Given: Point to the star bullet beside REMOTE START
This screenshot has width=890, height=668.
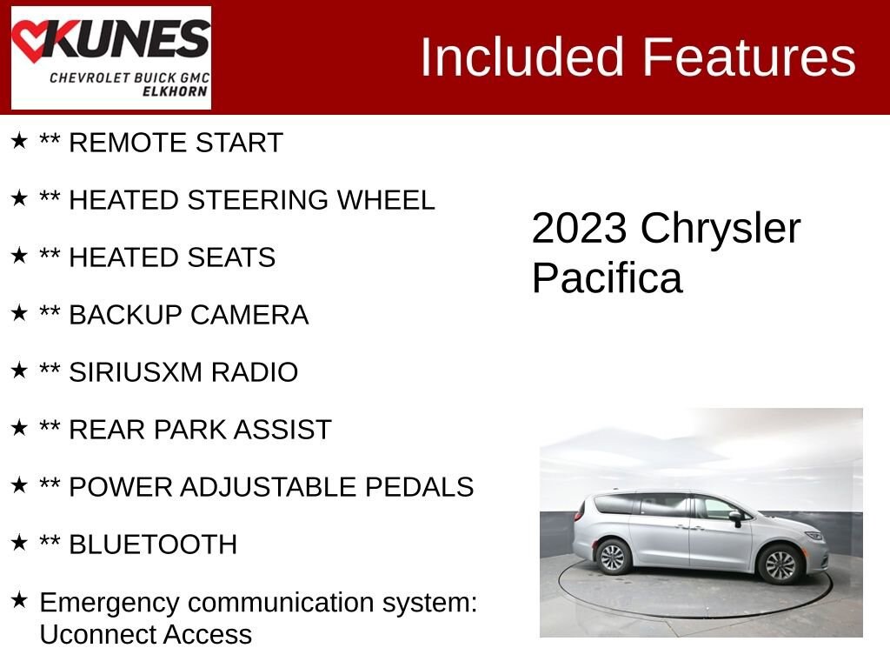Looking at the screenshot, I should [x=19, y=141].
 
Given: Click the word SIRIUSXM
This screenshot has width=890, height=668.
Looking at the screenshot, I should [x=127, y=372].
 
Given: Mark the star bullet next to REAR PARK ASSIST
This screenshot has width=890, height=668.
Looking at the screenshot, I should [x=19, y=428].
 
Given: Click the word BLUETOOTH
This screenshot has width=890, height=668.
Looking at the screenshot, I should [x=153, y=544].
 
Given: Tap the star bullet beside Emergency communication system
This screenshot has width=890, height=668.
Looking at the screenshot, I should [x=19, y=600].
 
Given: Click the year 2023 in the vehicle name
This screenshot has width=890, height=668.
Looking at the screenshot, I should [x=579, y=229].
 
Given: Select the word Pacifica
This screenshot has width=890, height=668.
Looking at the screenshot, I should [x=607, y=279].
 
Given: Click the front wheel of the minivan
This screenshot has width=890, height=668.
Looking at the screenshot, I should [x=780, y=564].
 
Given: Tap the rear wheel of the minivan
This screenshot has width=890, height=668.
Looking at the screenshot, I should [x=613, y=557].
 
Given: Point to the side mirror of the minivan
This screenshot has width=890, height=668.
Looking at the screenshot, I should [x=736, y=518].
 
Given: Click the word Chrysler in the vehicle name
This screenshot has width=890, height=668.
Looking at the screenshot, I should [x=721, y=229].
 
